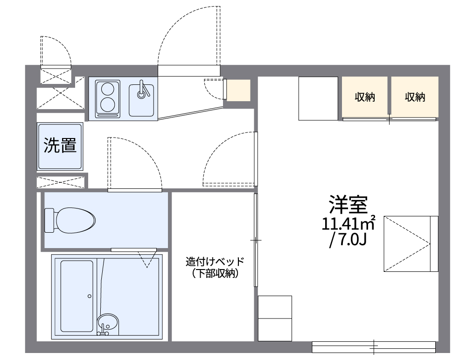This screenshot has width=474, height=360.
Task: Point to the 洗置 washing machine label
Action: [x=60, y=145]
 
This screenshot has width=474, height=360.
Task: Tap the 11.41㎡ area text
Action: [x=348, y=224]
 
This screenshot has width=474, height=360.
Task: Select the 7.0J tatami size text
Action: [x=348, y=241]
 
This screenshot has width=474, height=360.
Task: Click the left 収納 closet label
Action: [x=365, y=97]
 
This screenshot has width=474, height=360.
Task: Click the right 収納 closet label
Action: [x=415, y=97]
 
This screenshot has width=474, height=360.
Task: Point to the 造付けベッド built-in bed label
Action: [x=214, y=262]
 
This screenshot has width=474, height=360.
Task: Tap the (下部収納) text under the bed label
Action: [x=214, y=274]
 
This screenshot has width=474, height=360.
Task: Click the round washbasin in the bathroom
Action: [x=108, y=323]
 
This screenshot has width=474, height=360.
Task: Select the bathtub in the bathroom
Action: [x=77, y=296]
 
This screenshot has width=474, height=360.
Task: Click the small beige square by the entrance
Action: [x=238, y=90]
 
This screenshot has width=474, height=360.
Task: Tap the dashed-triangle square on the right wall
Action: [x=411, y=243]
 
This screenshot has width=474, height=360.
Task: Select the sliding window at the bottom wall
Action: [x=373, y=347]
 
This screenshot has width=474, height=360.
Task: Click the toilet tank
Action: [x=49, y=220]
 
